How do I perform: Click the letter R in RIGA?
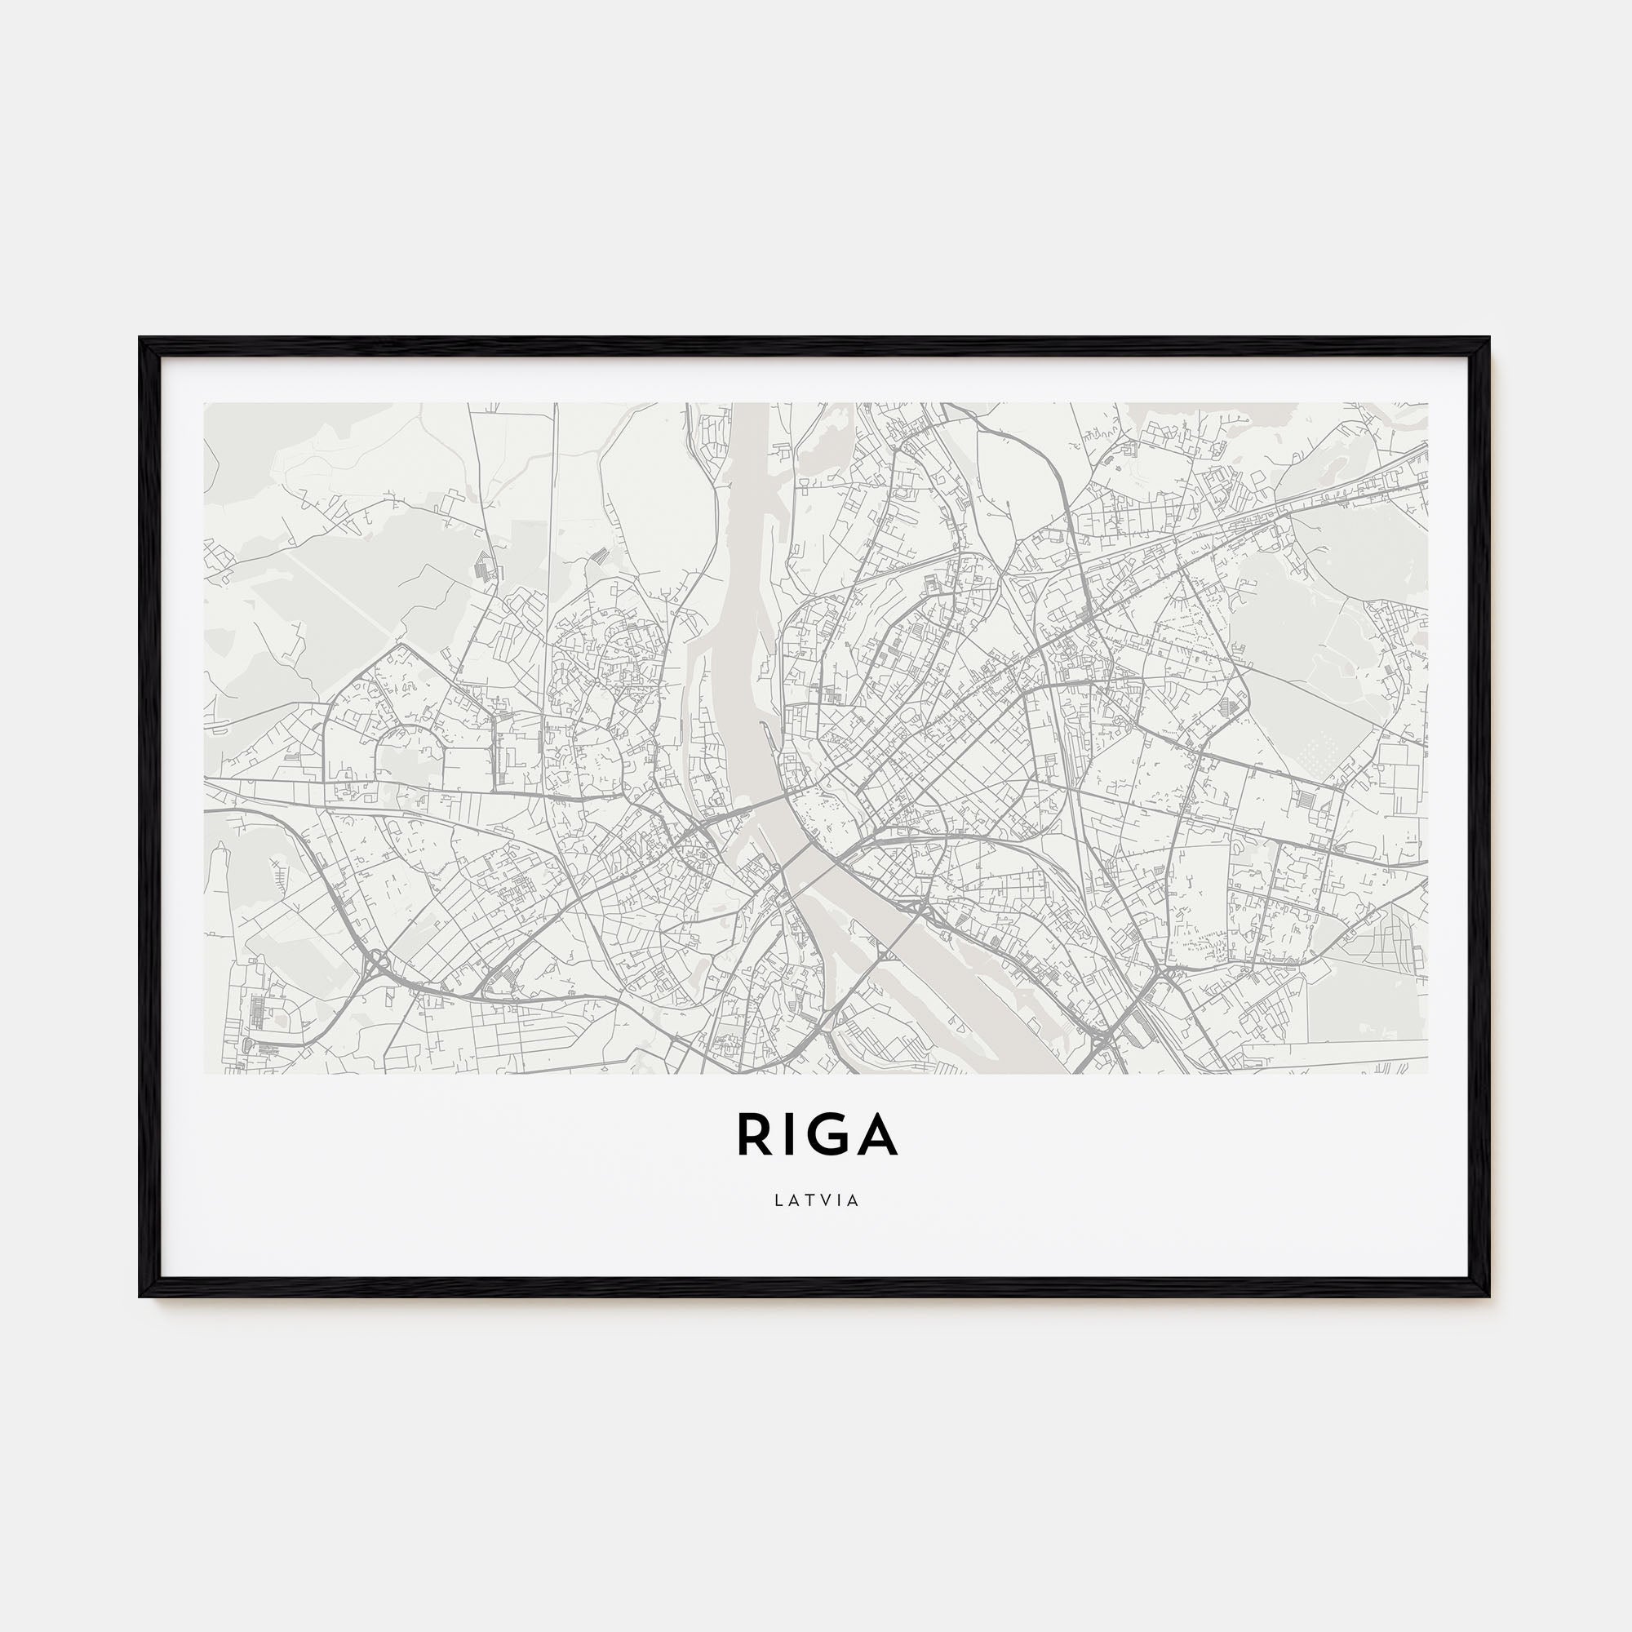[753, 1133]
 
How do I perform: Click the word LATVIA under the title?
[816, 1200]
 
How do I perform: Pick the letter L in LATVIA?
[778, 1200]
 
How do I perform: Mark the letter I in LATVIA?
[839, 1200]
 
